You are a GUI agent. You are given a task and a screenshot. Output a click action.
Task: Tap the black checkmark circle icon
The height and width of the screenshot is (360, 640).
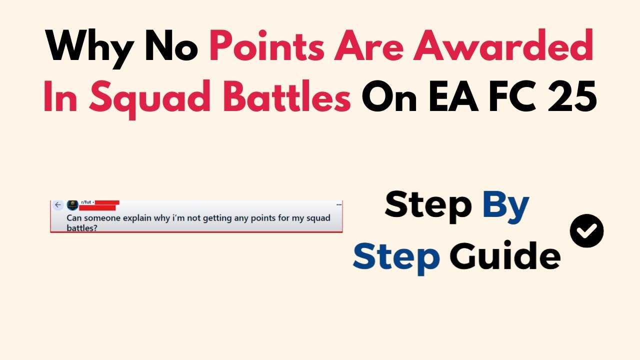click(586, 230)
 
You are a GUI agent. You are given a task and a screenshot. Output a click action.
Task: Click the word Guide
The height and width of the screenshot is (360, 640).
click(504, 255)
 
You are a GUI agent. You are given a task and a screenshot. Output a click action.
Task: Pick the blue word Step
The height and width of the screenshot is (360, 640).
click(396, 255)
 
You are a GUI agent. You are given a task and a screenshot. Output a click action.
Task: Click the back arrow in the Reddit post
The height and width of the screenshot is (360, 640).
click(58, 205)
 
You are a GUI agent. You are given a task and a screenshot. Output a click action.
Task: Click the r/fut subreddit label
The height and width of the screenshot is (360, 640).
click(85, 202)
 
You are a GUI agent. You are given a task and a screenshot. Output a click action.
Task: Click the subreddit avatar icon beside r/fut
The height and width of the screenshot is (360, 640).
click(73, 205)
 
